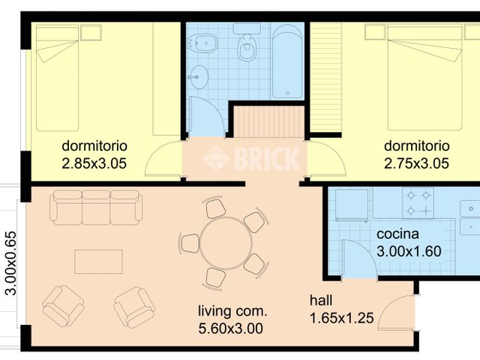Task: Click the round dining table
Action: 226,243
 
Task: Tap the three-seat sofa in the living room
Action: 96,208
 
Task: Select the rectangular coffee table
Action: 98,262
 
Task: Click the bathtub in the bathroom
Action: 287,61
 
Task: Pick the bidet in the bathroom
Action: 202,43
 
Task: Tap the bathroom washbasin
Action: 198,76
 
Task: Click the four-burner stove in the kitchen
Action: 418,203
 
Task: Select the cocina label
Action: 397,234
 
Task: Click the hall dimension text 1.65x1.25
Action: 342,318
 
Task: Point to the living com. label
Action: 232,311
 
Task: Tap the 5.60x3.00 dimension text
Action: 230,328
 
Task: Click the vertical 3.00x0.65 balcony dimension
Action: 11,263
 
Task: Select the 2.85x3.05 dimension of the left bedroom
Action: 94,163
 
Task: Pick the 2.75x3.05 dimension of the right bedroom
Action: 416,163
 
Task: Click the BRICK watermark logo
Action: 251,158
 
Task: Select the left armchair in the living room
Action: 63,306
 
